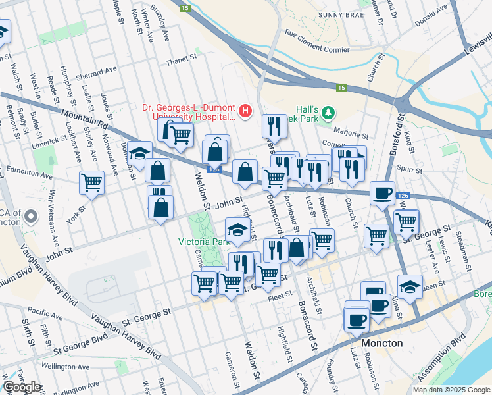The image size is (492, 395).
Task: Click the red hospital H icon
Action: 245,111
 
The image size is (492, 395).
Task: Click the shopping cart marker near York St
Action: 91,182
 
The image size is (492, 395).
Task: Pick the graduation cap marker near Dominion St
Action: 139,153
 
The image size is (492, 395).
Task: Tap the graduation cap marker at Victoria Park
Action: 237,230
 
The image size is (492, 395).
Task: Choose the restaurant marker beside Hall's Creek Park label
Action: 274,126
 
